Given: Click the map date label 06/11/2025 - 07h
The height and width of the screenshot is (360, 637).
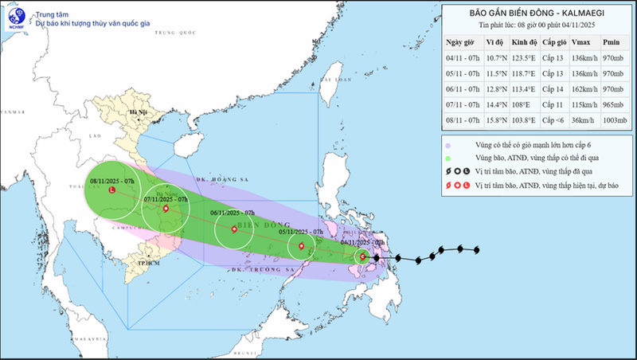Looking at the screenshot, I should coord(233,213).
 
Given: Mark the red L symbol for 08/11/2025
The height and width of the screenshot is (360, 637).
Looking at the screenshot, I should coord(112,190).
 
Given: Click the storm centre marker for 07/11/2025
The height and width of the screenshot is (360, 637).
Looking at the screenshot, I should coord(166,209).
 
